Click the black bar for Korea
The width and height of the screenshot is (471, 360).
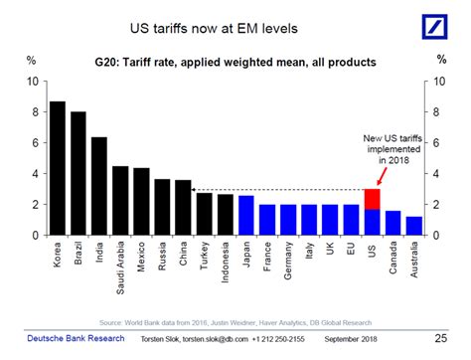pos(58,168)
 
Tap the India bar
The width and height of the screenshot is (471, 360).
pos(99,186)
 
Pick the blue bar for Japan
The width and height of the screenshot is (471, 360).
pos(245,215)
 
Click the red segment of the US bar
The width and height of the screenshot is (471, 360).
pos(371,199)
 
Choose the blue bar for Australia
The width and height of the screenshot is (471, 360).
pos(413,226)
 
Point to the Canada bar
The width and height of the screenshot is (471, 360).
pos(392,223)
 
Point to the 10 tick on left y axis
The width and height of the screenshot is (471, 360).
pos(33,82)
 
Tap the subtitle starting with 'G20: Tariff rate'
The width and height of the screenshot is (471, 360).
pos(235,62)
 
